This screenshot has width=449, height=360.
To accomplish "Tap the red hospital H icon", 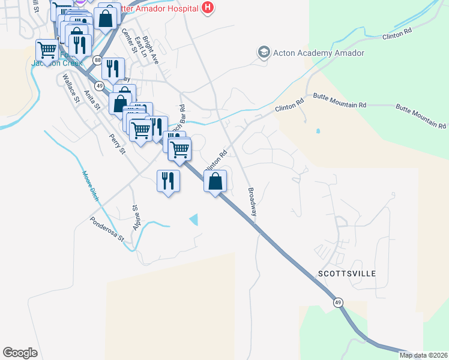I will click(x=208, y=7).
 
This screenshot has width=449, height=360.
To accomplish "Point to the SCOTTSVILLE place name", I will click(x=346, y=274).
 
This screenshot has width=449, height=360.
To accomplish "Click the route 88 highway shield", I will click(x=97, y=59).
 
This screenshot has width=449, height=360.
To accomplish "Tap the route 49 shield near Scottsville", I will click(x=339, y=303).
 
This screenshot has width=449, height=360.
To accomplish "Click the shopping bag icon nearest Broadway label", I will click(x=215, y=181).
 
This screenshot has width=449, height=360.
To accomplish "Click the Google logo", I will click(x=20, y=352).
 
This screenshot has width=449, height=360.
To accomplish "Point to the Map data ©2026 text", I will click(x=423, y=355).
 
